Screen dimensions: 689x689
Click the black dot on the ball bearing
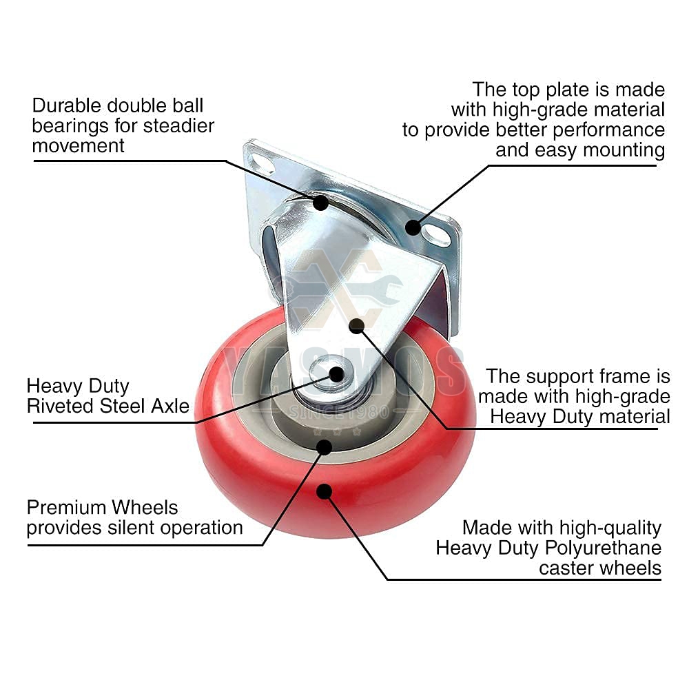pos(321,202)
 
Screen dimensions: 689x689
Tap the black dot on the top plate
pos(413,227)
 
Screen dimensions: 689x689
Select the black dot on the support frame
pos(356,326)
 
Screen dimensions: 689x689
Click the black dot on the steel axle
pos(337,374)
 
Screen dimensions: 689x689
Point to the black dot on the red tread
pos(325,491)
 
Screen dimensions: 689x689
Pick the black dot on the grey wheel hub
pos(325,447)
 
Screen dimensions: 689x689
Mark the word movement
pos(79,146)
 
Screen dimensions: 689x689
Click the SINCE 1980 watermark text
pos(339,412)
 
